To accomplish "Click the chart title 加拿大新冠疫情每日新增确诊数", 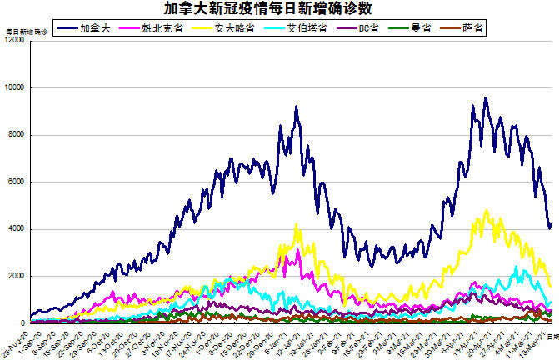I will tap(278, 8).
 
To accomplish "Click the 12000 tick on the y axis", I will tap(14, 40).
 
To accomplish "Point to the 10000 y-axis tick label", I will tap(14, 87).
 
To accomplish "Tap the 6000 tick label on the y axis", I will tap(17, 182).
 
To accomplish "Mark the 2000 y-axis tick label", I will tap(17, 276).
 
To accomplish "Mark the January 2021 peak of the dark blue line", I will tap(296, 107).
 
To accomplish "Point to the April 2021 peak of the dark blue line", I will tap(485, 98).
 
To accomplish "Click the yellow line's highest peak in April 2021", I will tap(487, 210).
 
